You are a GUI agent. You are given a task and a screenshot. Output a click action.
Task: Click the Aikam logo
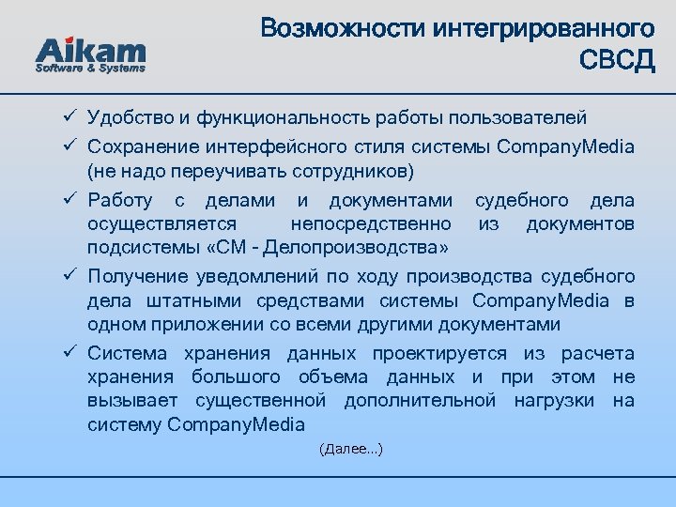(x=90, y=49)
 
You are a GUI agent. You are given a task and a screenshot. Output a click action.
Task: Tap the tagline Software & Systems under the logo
(x=90, y=69)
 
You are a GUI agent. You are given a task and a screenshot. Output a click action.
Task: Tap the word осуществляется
(x=161, y=224)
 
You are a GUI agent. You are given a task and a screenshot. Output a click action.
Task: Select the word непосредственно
(x=372, y=224)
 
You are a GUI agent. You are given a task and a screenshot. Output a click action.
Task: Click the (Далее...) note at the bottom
(x=350, y=450)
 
